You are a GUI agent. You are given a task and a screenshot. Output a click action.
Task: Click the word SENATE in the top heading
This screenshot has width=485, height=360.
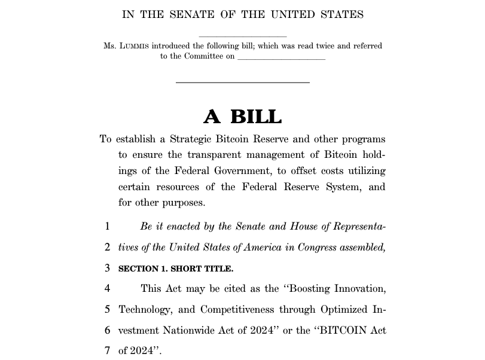click(x=193, y=15)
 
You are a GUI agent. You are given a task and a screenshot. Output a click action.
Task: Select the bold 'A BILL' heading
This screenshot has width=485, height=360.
click(x=242, y=116)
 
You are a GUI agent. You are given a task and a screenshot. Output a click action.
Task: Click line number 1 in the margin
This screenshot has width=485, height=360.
click(x=107, y=227)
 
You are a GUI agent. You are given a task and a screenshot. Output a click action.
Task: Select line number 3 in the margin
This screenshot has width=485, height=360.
click(x=107, y=268)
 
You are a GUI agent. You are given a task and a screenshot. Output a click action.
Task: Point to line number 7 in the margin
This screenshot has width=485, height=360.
click(x=107, y=350)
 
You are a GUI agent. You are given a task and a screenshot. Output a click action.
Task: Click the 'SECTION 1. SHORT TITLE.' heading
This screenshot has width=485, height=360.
click(x=176, y=269)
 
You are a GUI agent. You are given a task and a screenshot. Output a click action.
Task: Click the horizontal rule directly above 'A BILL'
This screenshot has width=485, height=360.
click(x=242, y=83)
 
